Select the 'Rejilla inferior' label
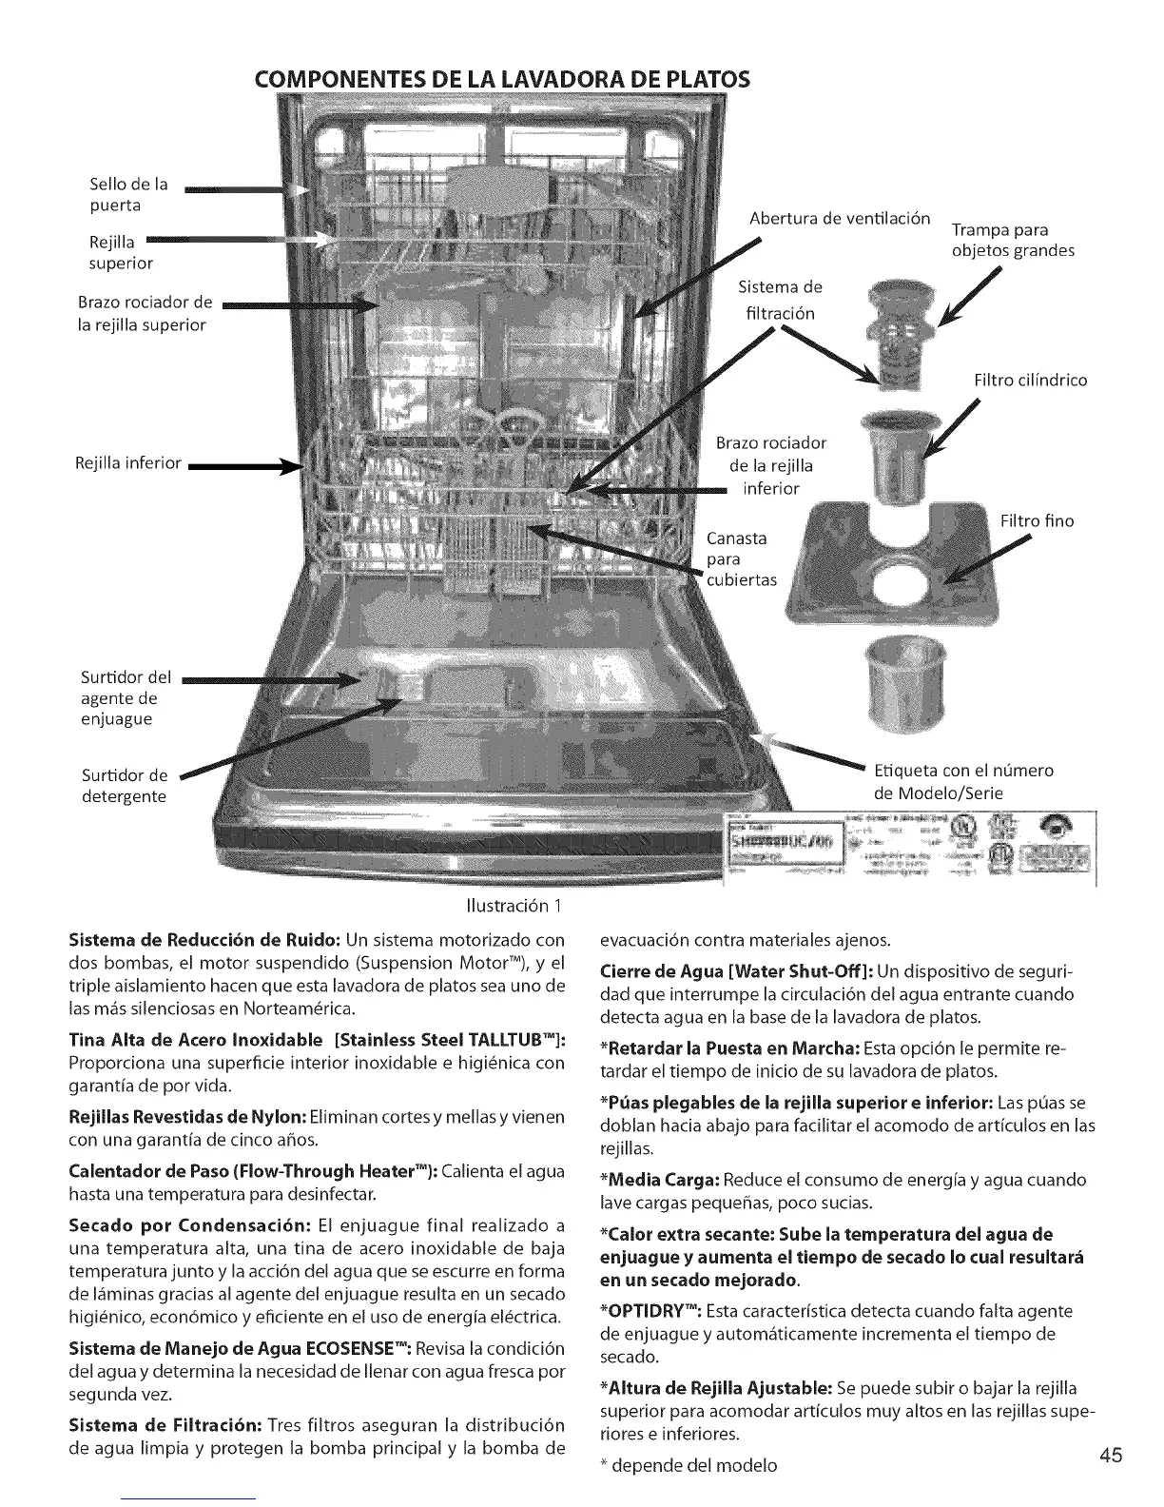coord(127,463)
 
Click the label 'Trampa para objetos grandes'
coord(1013,241)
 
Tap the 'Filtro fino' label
coord(1037,520)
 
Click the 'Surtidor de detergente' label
coord(125,786)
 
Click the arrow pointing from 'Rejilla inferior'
coord(242,466)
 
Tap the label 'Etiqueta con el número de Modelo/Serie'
coord(963,781)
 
